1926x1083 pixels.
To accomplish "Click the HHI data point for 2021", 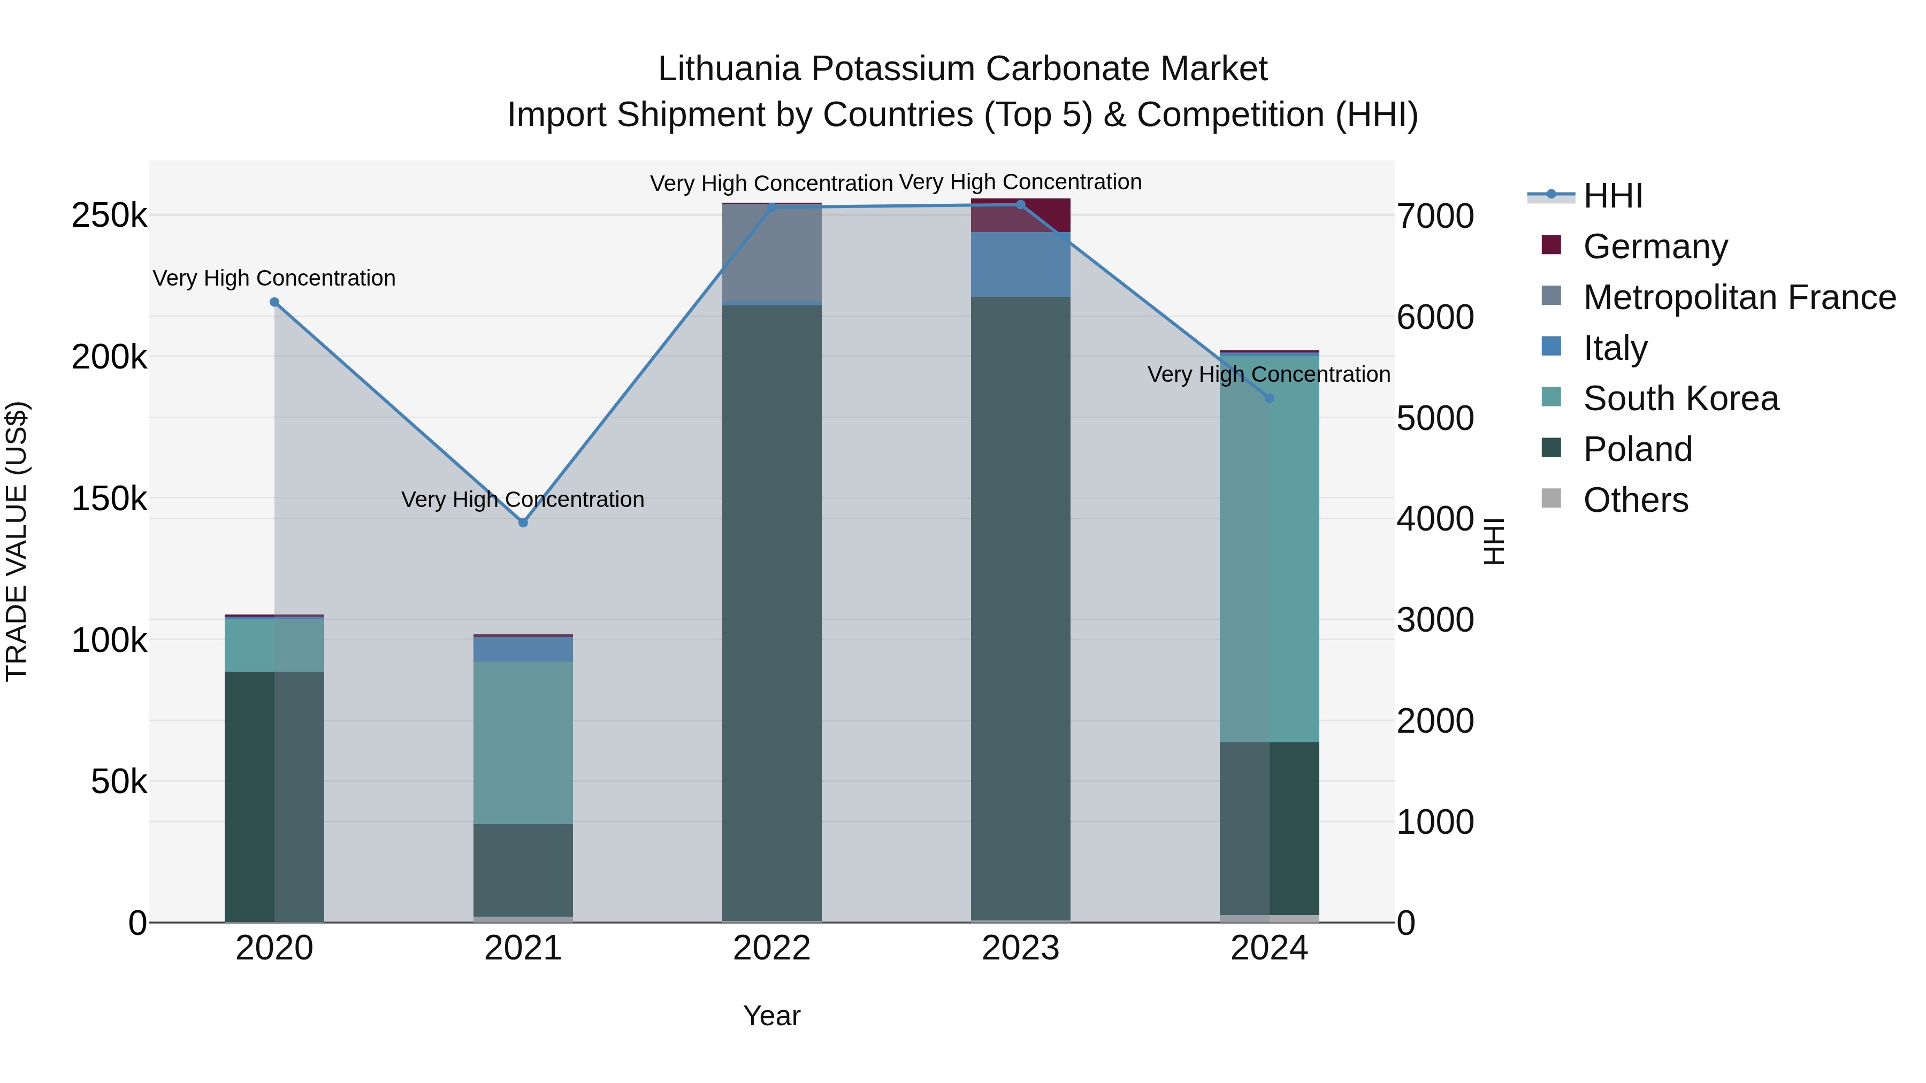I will click(x=523, y=523).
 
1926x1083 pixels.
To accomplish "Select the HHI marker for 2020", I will click(x=274, y=302).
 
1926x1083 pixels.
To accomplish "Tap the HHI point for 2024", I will click(x=1269, y=398).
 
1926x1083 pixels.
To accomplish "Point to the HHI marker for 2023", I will click(x=1021, y=205).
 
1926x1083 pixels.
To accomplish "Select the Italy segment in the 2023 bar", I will click(x=1021, y=265).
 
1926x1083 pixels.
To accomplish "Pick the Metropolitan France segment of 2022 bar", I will click(x=771, y=252).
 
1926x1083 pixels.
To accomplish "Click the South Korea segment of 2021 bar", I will click(x=523, y=742).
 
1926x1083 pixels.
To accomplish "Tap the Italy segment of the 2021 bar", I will click(x=523, y=649).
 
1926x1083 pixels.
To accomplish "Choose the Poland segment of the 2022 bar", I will click(x=771, y=613).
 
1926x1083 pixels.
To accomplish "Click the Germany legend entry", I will click(x=1655, y=247).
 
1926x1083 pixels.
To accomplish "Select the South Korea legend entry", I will click(x=1680, y=398).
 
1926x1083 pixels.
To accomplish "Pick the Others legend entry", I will click(x=1635, y=500).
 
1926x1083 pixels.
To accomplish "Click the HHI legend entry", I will click(x=1612, y=196).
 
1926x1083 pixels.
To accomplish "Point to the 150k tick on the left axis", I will click(x=109, y=498).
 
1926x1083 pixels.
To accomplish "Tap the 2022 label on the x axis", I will click(x=771, y=948).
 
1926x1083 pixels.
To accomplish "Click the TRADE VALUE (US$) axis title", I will click(x=17, y=541).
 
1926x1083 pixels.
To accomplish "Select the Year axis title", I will click(x=771, y=1016).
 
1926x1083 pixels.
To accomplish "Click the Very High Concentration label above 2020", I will click(x=274, y=278).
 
